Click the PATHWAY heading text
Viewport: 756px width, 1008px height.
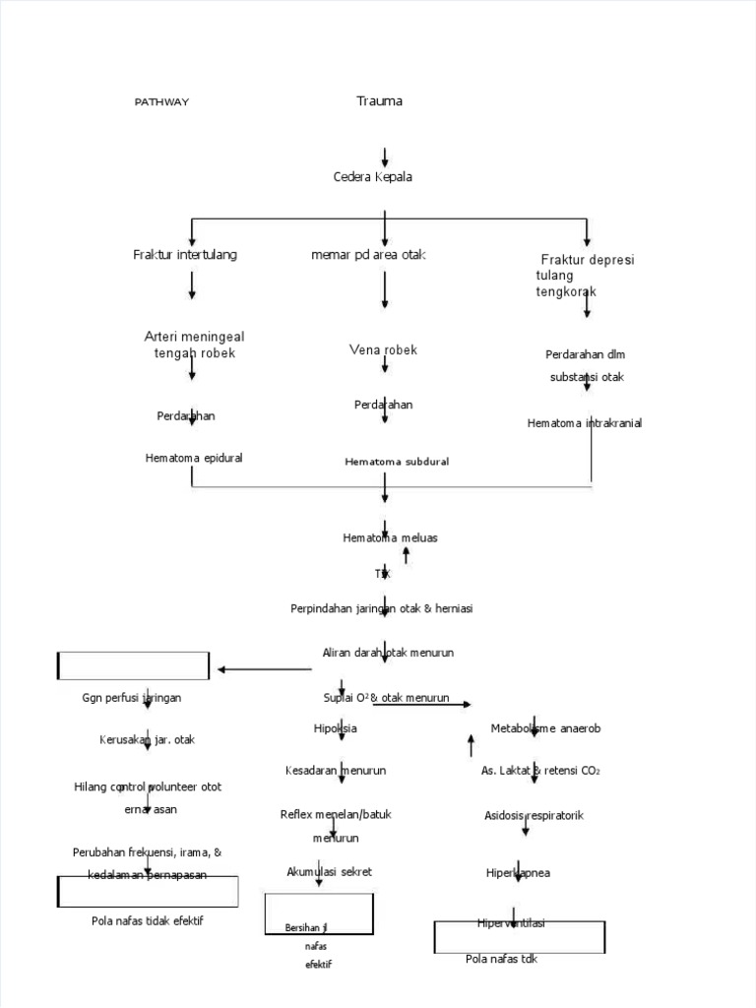(161, 102)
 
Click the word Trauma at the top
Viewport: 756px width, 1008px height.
(379, 101)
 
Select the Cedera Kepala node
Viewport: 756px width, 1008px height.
(372, 177)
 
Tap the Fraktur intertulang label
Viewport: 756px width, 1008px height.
(185, 255)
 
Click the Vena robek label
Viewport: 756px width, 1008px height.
(383, 350)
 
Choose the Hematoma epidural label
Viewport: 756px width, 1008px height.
(194, 458)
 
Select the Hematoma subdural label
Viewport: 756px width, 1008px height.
(397, 462)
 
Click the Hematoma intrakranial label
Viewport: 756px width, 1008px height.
(585, 423)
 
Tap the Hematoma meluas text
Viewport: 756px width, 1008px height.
(390, 537)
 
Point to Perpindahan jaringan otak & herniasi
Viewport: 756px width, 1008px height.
(382, 609)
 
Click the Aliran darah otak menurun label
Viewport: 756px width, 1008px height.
(388, 653)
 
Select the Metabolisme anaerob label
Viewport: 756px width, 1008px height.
(545, 728)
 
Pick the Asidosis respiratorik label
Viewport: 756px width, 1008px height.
(534, 816)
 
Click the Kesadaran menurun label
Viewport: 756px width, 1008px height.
(336, 770)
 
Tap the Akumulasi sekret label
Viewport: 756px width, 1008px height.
(329, 872)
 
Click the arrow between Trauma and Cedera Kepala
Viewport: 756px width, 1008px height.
(385, 157)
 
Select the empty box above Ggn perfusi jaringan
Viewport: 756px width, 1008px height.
(133, 665)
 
